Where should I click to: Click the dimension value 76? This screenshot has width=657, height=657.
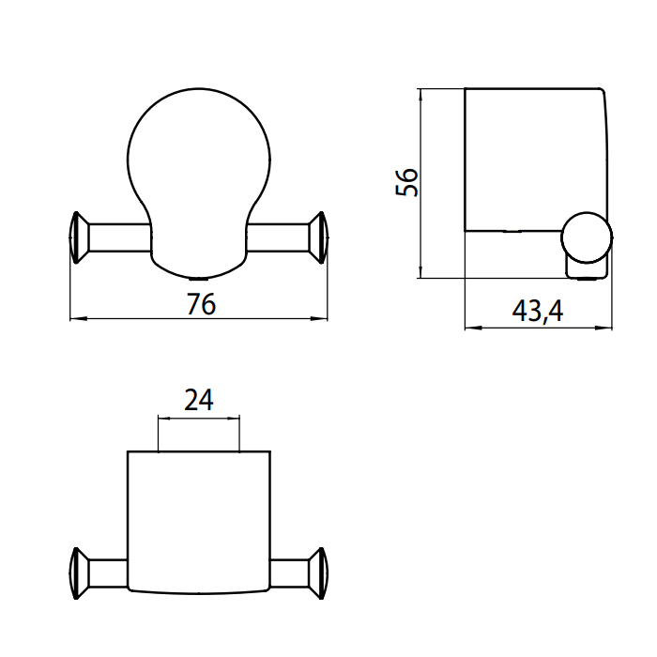point(201,304)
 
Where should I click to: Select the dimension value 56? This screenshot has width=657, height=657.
point(406,182)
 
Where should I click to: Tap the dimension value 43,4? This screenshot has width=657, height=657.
point(538,311)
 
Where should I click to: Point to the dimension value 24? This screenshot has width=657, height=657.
point(199,400)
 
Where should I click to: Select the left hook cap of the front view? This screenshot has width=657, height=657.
point(79,237)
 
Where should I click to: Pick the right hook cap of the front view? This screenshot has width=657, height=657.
point(319,237)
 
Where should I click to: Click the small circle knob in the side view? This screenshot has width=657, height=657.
point(587,237)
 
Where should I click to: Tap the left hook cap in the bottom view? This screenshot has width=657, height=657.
point(79,573)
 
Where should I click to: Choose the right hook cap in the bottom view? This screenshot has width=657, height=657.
point(319,573)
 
